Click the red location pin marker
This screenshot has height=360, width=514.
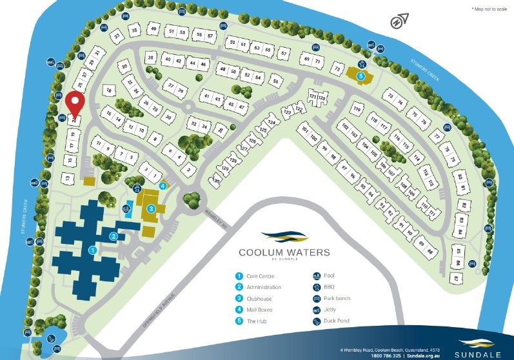[75, 103]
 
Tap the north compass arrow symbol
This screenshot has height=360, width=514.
[399, 21]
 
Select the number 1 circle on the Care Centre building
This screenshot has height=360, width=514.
[92, 249]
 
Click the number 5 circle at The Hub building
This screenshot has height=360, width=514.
[361, 75]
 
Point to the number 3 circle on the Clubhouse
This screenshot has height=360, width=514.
[151, 208]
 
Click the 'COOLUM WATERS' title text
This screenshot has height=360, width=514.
[284, 252]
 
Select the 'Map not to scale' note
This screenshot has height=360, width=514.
[489, 8]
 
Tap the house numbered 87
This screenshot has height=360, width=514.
[457, 279]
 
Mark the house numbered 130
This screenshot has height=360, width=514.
[217, 182]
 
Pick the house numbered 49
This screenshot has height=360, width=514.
[153, 29]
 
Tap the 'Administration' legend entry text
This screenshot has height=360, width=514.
[264, 287]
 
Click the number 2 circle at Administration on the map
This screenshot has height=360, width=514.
[114, 236]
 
